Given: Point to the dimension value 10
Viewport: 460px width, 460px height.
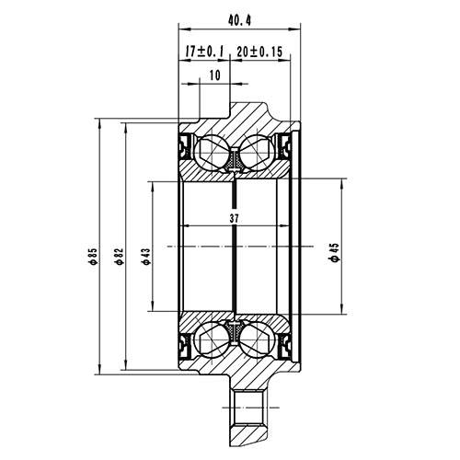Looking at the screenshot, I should click(213, 76).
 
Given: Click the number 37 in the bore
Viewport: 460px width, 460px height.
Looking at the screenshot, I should click(236, 219).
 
